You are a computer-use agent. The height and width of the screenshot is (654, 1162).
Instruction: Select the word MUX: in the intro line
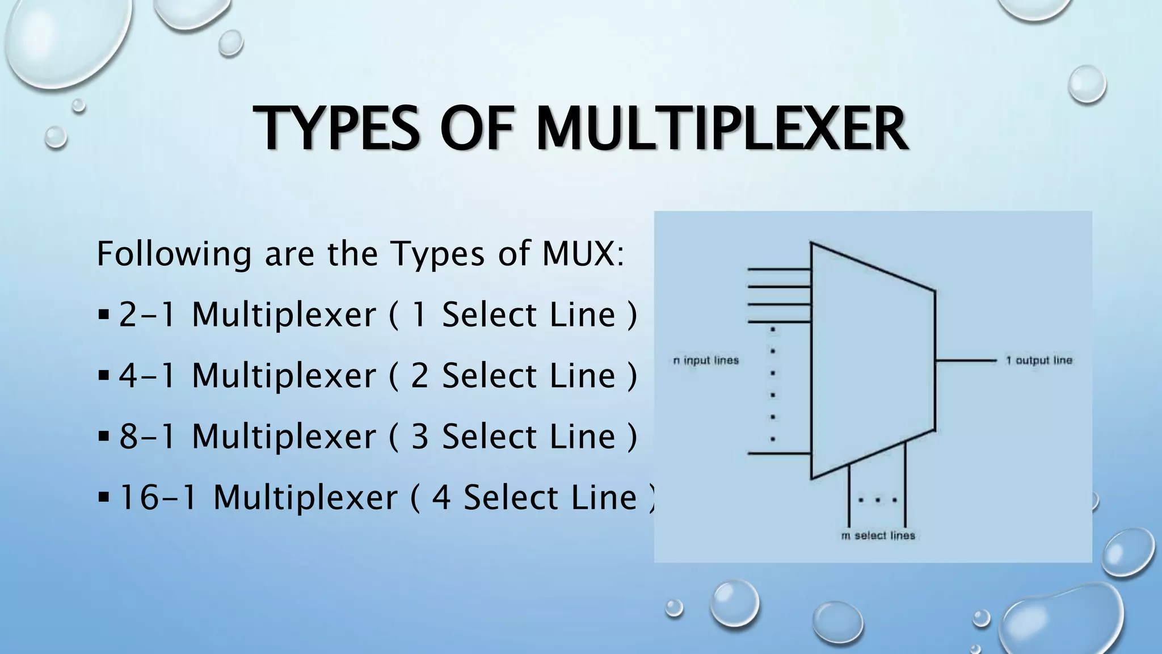[583, 254]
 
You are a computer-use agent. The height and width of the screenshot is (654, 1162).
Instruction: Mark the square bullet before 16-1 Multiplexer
[103, 497]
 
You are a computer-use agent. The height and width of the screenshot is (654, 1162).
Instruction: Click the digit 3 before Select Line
[419, 437]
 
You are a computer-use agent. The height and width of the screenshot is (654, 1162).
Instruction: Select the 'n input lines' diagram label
[706, 360]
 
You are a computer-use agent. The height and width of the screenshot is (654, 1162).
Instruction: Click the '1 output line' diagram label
[1039, 360]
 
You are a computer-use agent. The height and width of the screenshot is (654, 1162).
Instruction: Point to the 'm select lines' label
[878, 535]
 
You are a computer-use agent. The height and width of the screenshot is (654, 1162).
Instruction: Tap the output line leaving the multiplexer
[965, 360]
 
